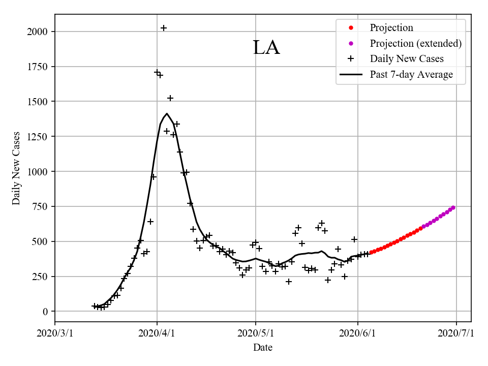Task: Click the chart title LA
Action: [266, 48]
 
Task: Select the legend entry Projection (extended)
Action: [415, 43]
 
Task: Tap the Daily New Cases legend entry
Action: [407, 58]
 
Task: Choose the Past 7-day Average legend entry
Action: [411, 75]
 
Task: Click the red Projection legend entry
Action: [391, 28]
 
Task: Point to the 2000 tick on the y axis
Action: [38, 32]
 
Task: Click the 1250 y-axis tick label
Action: [38, 137]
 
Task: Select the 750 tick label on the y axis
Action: [40, 206]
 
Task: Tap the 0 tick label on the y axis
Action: [45, 312]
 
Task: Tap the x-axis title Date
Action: [263, 348]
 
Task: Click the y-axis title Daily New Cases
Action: [17, 168]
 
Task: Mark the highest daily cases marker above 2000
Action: [164, 28]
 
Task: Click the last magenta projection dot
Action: [453, 207]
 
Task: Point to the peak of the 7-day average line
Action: [167, 113]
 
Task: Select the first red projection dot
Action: [371, 252]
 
